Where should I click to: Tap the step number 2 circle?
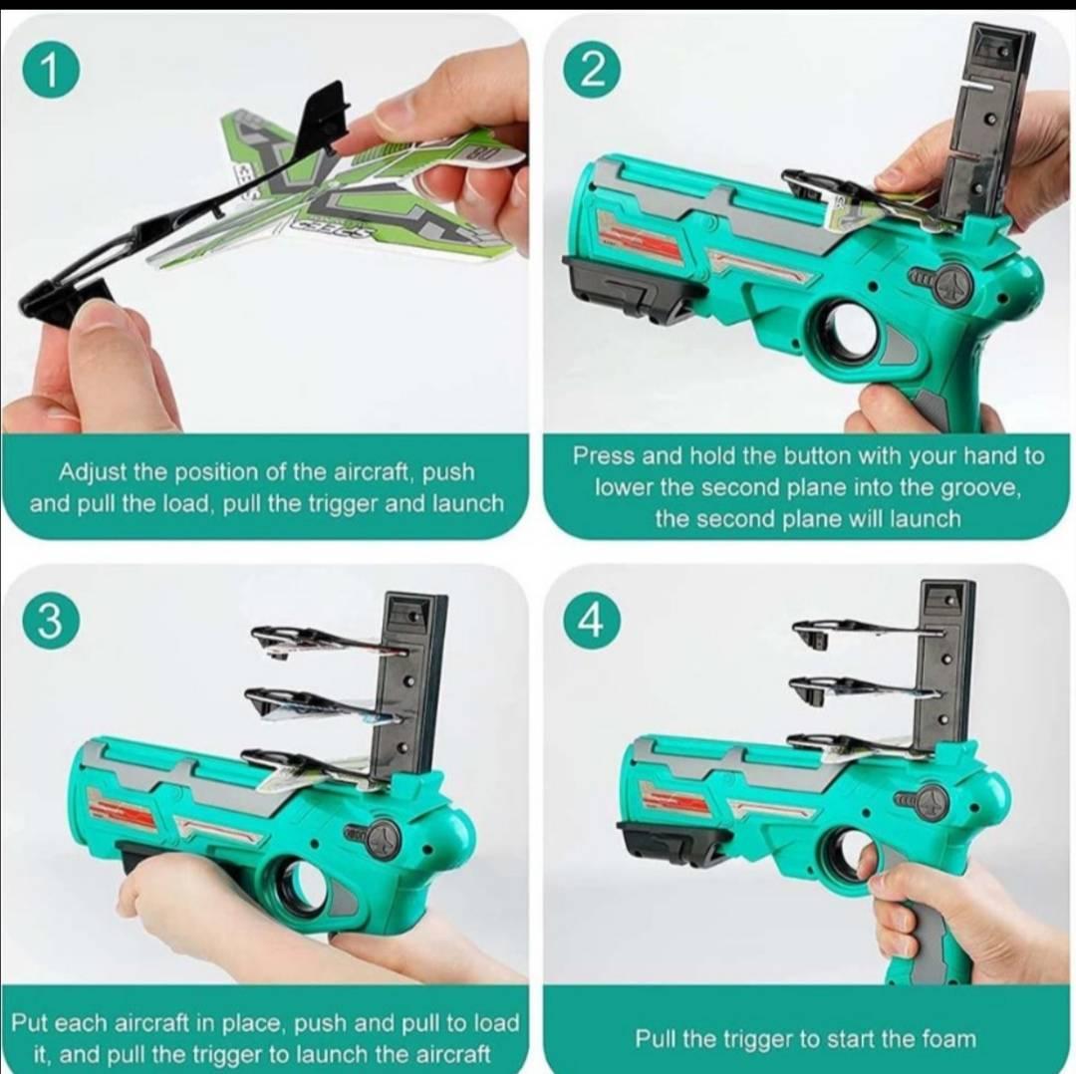click(592, 72)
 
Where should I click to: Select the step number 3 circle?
click(50, 622)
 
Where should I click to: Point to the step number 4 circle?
click(592, 621)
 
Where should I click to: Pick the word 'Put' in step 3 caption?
click(29, 1022)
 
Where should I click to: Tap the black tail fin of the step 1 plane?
click(325, 114)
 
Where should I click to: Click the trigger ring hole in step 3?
click(304, 887)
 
